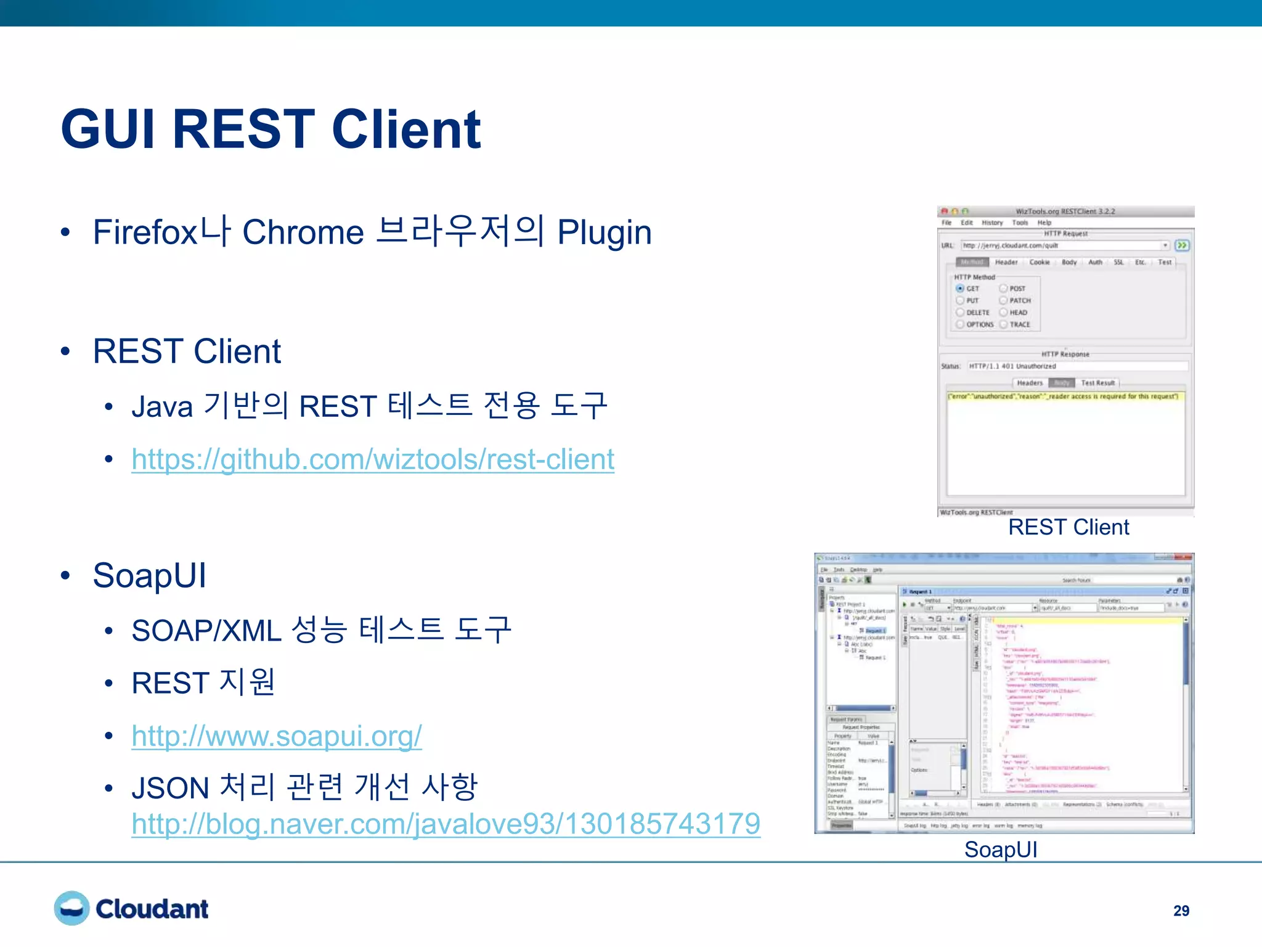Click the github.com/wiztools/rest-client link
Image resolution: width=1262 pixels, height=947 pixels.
pyautogui.click(x=373, y=459)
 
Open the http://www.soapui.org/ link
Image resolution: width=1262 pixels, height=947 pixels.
pyautogui.click(x=277, y=736)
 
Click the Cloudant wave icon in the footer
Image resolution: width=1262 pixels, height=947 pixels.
pyautogui.click(x=71, y=908)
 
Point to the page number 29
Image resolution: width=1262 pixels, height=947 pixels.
pyautogui.click(x=1181, y=911)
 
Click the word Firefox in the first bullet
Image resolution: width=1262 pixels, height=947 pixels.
pyautogui.click(x=145, y=232)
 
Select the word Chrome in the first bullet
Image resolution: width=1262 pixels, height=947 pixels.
pyautogui.click(x=303, y=232)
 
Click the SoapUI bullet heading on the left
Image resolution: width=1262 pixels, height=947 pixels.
pyautogui.click(x=149, y=576)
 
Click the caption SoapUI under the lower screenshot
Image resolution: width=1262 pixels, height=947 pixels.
pyautogui.click(x=1001, y=850)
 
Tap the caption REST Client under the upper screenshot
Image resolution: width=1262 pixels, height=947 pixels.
pyautogui.click(x=1069, y=527)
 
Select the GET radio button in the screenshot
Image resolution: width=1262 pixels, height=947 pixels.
pyautogui.click(x=960, y=289)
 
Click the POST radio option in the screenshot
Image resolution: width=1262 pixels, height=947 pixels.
pyautogui.click(x=1004, y=289)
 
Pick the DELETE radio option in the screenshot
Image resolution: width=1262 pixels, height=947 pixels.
pyautogui.click(x=960, y=313)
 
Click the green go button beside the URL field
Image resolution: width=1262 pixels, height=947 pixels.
pyautogui.click(x=1182, y=245)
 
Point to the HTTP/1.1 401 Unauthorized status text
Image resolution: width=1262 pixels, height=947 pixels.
pyautogui.click(x=1012, y=366)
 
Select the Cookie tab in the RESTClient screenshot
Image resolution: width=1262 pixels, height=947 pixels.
pyautogui.click(x=1040, y=263)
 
